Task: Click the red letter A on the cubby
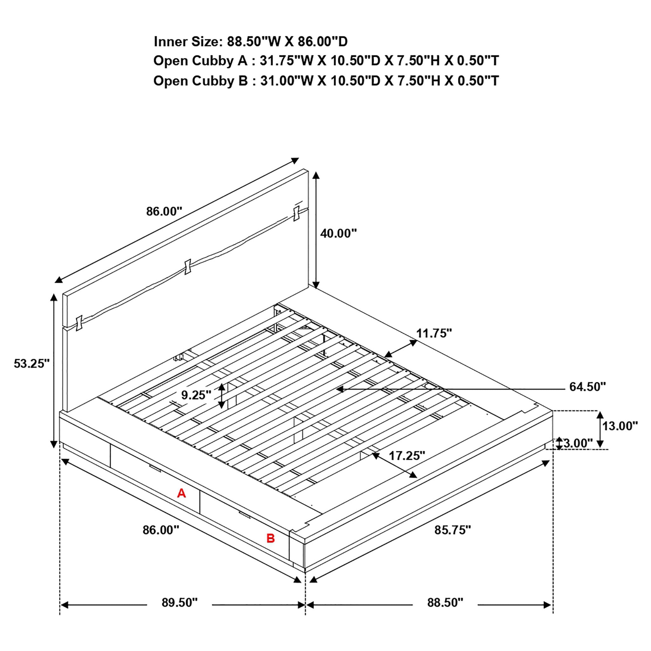pyautogui.click(x=181, y=493)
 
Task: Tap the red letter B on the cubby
pyautogui.click(x=271, y=538)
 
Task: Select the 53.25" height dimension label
pyautogui.click(x=31, y=364)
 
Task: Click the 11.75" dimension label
pyautogui.click(x=434, y=333)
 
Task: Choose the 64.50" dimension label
pyautogui.click(x=587, y=387)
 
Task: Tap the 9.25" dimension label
pyautogui.click(x=196, y=394)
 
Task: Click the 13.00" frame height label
pyautogui.click(x=620, y=426)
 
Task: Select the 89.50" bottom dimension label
pyautogui.click(x=179, y=603)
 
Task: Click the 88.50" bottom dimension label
pyautogui.click(x=445, y=603)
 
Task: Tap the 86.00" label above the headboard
pyautogui.click(x=164, y=212)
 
